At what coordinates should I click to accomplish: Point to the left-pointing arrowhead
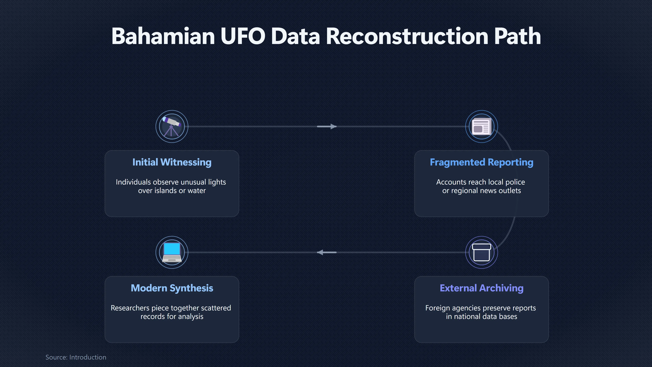pyautogui.click(x=320, y=252)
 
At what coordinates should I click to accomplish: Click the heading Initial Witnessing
pyautogui.click(x=172, y=162)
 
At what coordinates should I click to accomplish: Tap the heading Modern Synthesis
pyautogui.click(x=172, y=288)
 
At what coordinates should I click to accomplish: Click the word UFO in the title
pyautogui.click(x=243, y=36)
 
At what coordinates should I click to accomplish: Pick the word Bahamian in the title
pyautogui.click(x=163, y=36)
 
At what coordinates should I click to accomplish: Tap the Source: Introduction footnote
pyautogui.click(x=76, y=357)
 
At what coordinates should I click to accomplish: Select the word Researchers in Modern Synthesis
pyautogui.click(x=130, y=308)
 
